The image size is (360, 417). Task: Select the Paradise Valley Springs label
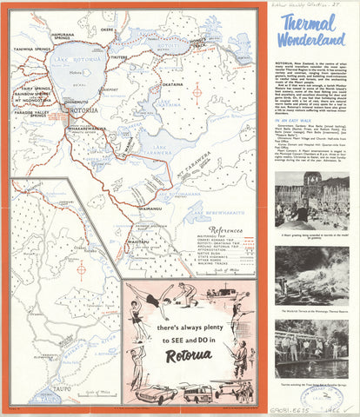[29, 114]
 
